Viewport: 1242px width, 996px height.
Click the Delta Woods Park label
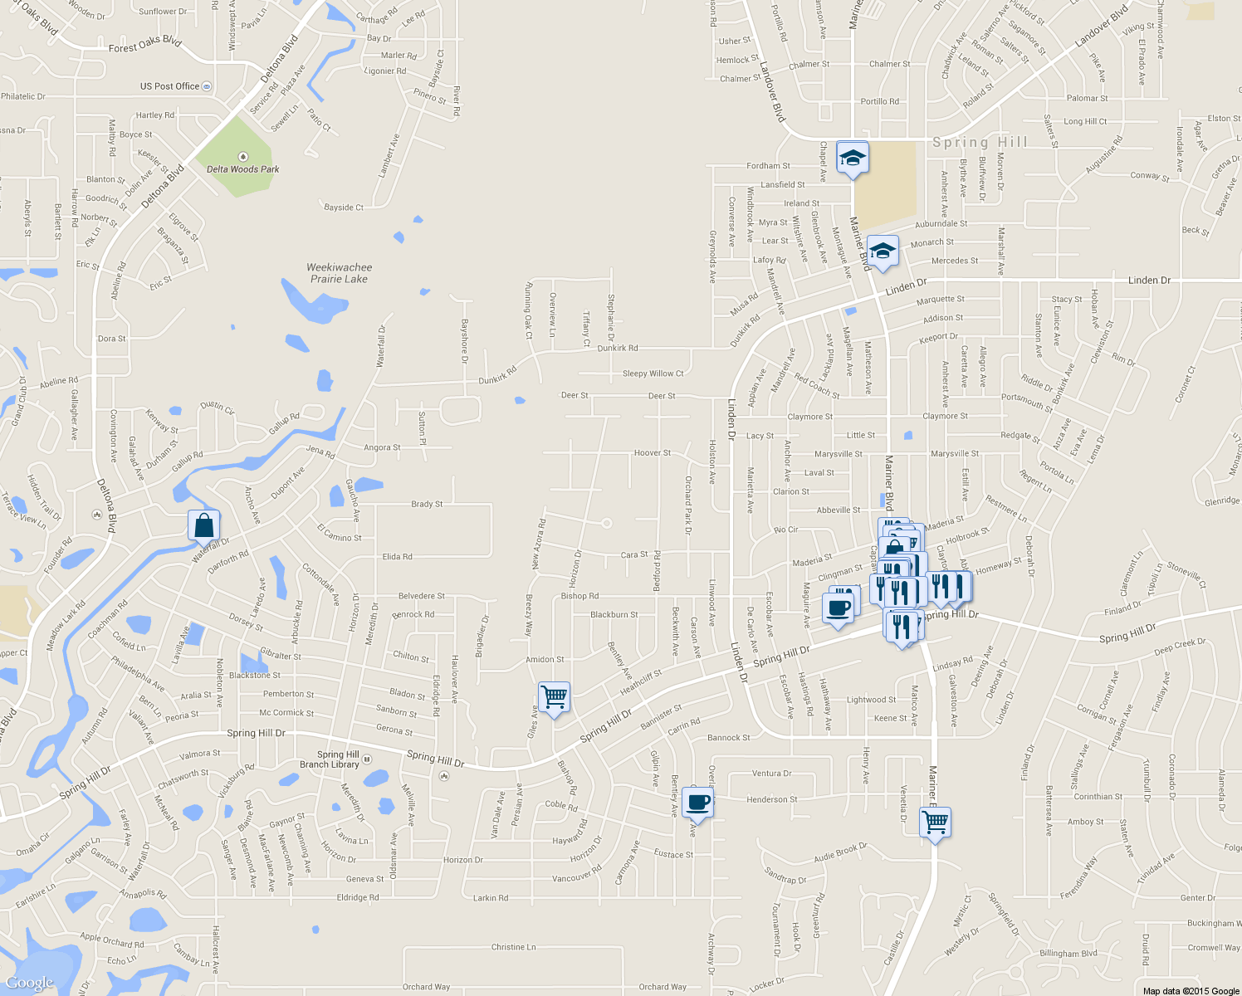(x=242, y=168)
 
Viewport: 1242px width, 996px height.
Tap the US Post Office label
(x=170, y=86)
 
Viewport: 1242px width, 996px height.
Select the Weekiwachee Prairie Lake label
(x=339, y=273)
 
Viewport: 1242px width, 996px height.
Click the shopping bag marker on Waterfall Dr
(x=204, y=526)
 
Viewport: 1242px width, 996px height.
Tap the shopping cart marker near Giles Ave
(x=554, y=697)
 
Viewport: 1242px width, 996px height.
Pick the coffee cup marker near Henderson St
(x=697, y=803)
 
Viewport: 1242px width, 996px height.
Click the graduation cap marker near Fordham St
(x=852, y=158)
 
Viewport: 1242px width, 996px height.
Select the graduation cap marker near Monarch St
(x=882, y=251)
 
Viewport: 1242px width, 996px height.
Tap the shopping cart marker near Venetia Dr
(x=936, y=823)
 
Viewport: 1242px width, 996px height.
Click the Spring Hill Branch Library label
(x=330, y=759)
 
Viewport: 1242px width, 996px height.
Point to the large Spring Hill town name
(x=980, y=142)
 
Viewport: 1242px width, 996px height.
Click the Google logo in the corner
(x=31, y=983)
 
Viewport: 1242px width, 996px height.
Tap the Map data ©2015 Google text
(x=1191, y=990)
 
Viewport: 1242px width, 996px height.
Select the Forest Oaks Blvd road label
(x=144, y=45)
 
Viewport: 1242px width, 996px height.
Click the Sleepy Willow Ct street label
(x=653, y=373)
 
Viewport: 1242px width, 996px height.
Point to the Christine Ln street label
(x=513, y=947)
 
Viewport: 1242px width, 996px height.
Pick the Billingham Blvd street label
(x=1068, y=954)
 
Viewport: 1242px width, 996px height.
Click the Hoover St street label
(x=653, y=453)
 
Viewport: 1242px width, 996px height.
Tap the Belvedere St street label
(x=422, y=596)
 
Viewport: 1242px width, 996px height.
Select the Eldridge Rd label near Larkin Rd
(x=358, y=897)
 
